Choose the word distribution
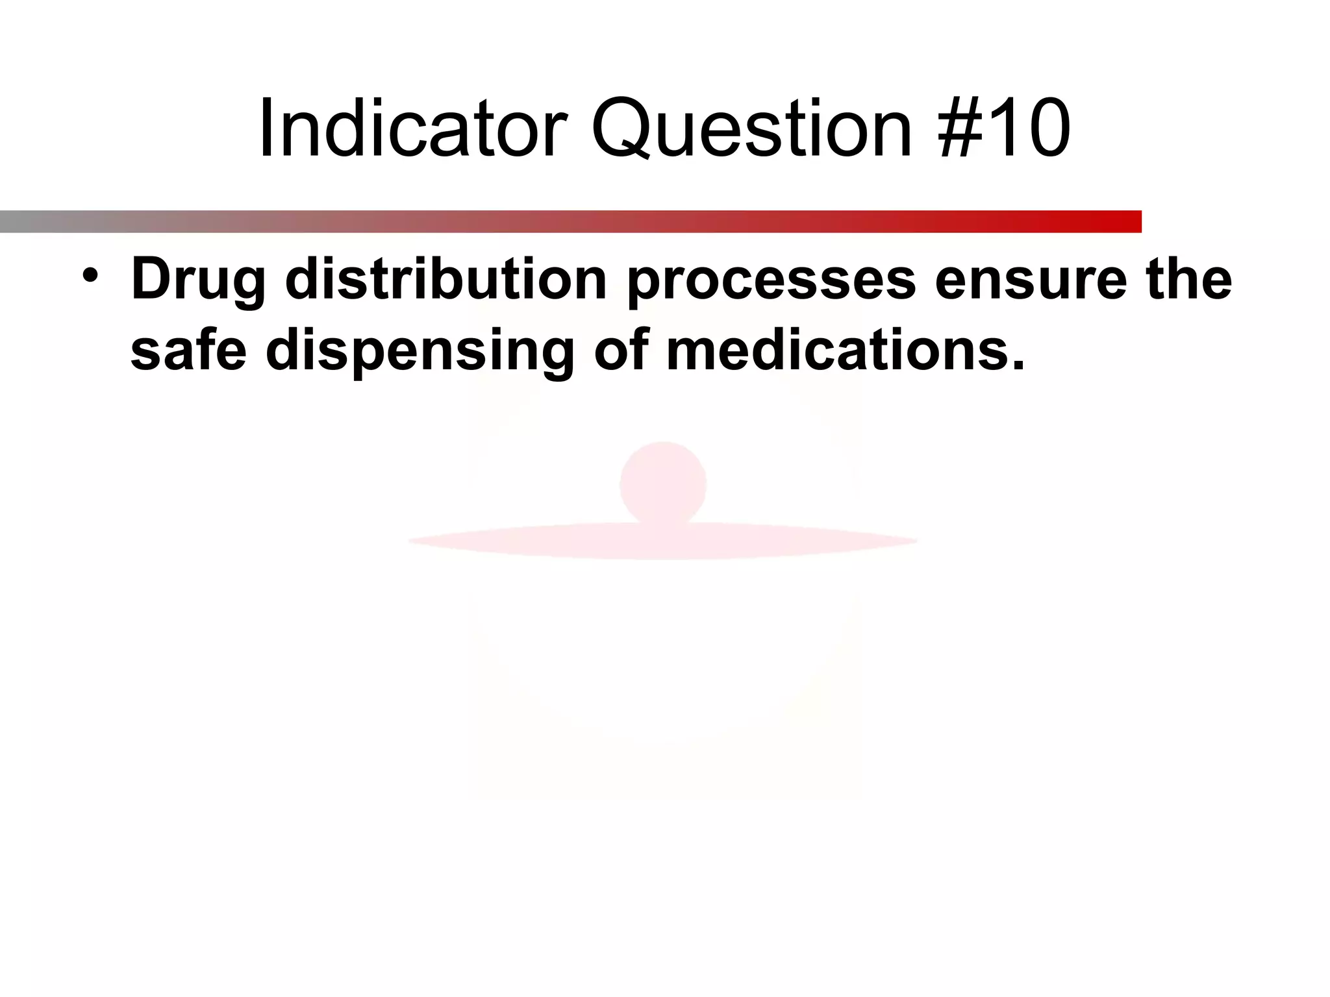pyautogui.click(x=445, y=279)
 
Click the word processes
pyautogui.click(x=772, y=280)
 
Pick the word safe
pyautogui.click(x=188, y=351)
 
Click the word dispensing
pyautogui.click(x=420, y=352)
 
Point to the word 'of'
pyautogui.click(x=621, y=351)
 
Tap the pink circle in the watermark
pyautogui.click(x=663, y=483)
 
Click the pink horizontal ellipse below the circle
pyautogui.click(x=663, y=541)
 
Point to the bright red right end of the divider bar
pyautogui.click(x=1123, y=221)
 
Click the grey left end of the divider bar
pyautogui.click(x=19, y=221)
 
